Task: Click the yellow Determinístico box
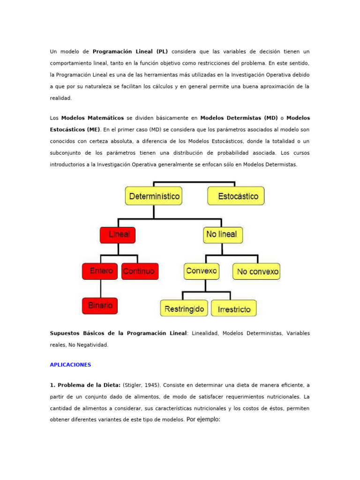[x=153, y=196]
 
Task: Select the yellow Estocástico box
[x=236, y=196]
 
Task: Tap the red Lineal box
[x=118, y=235]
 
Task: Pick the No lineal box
[x=223, y=234]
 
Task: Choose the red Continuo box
[x=140, y=271]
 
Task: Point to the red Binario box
[x=100, y=305]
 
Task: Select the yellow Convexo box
[x=202, y=271]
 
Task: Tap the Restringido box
[x=184, y=308]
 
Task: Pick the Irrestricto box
[x=234, y=308]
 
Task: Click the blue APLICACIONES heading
[x=71, y=364]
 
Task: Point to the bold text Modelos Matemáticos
[x=92, y=118]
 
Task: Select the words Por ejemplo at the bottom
[x=203, y=419]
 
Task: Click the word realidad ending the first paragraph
[x=61, y=98]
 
